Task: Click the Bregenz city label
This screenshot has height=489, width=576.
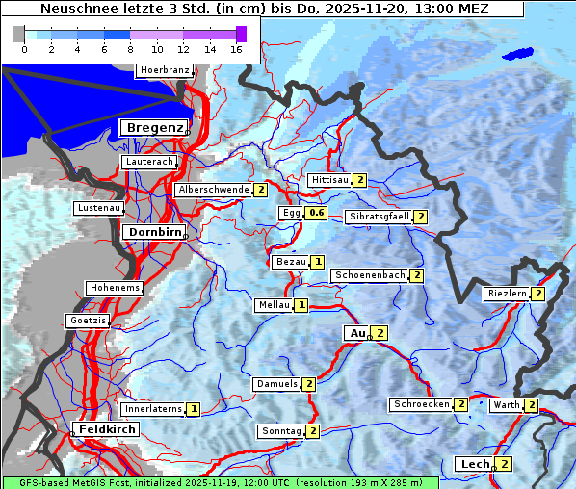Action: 152,128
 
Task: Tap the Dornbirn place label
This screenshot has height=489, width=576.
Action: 152,232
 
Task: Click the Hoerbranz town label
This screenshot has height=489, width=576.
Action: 164,70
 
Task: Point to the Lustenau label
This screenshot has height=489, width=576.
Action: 99,208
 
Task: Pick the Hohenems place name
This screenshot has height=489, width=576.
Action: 114,288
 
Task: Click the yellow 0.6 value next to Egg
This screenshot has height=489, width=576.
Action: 317,213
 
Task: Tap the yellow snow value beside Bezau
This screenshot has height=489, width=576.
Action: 317,262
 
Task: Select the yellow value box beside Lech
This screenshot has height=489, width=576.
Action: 503,464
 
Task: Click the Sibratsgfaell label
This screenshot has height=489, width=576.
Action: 379,217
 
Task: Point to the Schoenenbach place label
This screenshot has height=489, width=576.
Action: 370,275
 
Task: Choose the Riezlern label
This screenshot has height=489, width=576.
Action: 507,294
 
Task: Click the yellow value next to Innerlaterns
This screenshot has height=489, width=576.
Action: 193,409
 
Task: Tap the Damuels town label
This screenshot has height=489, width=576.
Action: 276,384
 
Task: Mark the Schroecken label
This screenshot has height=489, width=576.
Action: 421,404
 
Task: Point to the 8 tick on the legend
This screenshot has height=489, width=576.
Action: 130,49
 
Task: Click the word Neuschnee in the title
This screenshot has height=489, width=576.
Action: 73,9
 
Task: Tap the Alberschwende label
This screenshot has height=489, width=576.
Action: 213,190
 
